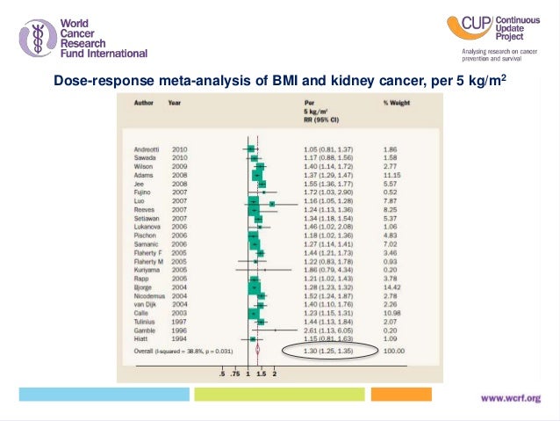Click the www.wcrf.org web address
click(516, 398)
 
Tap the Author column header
click(142, 103)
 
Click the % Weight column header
click(398, 103)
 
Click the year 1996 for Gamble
click(178, 329)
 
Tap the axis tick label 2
click(276, 374)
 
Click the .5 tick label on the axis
click(223, 374)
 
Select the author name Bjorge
click(143, 287)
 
